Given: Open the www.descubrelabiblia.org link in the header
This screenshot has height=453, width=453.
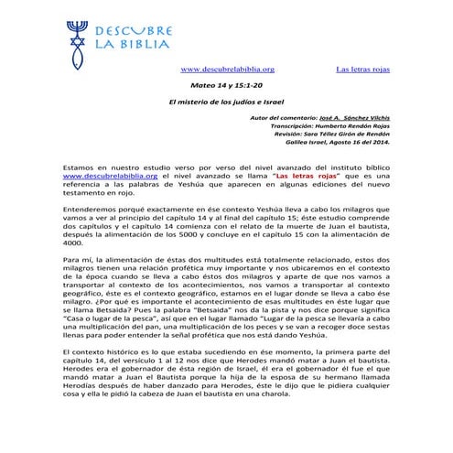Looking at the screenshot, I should click(228, 69).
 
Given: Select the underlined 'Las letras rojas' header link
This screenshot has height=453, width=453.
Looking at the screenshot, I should click(362, 69).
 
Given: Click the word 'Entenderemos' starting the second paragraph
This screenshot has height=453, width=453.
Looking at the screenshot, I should click(90, 210).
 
